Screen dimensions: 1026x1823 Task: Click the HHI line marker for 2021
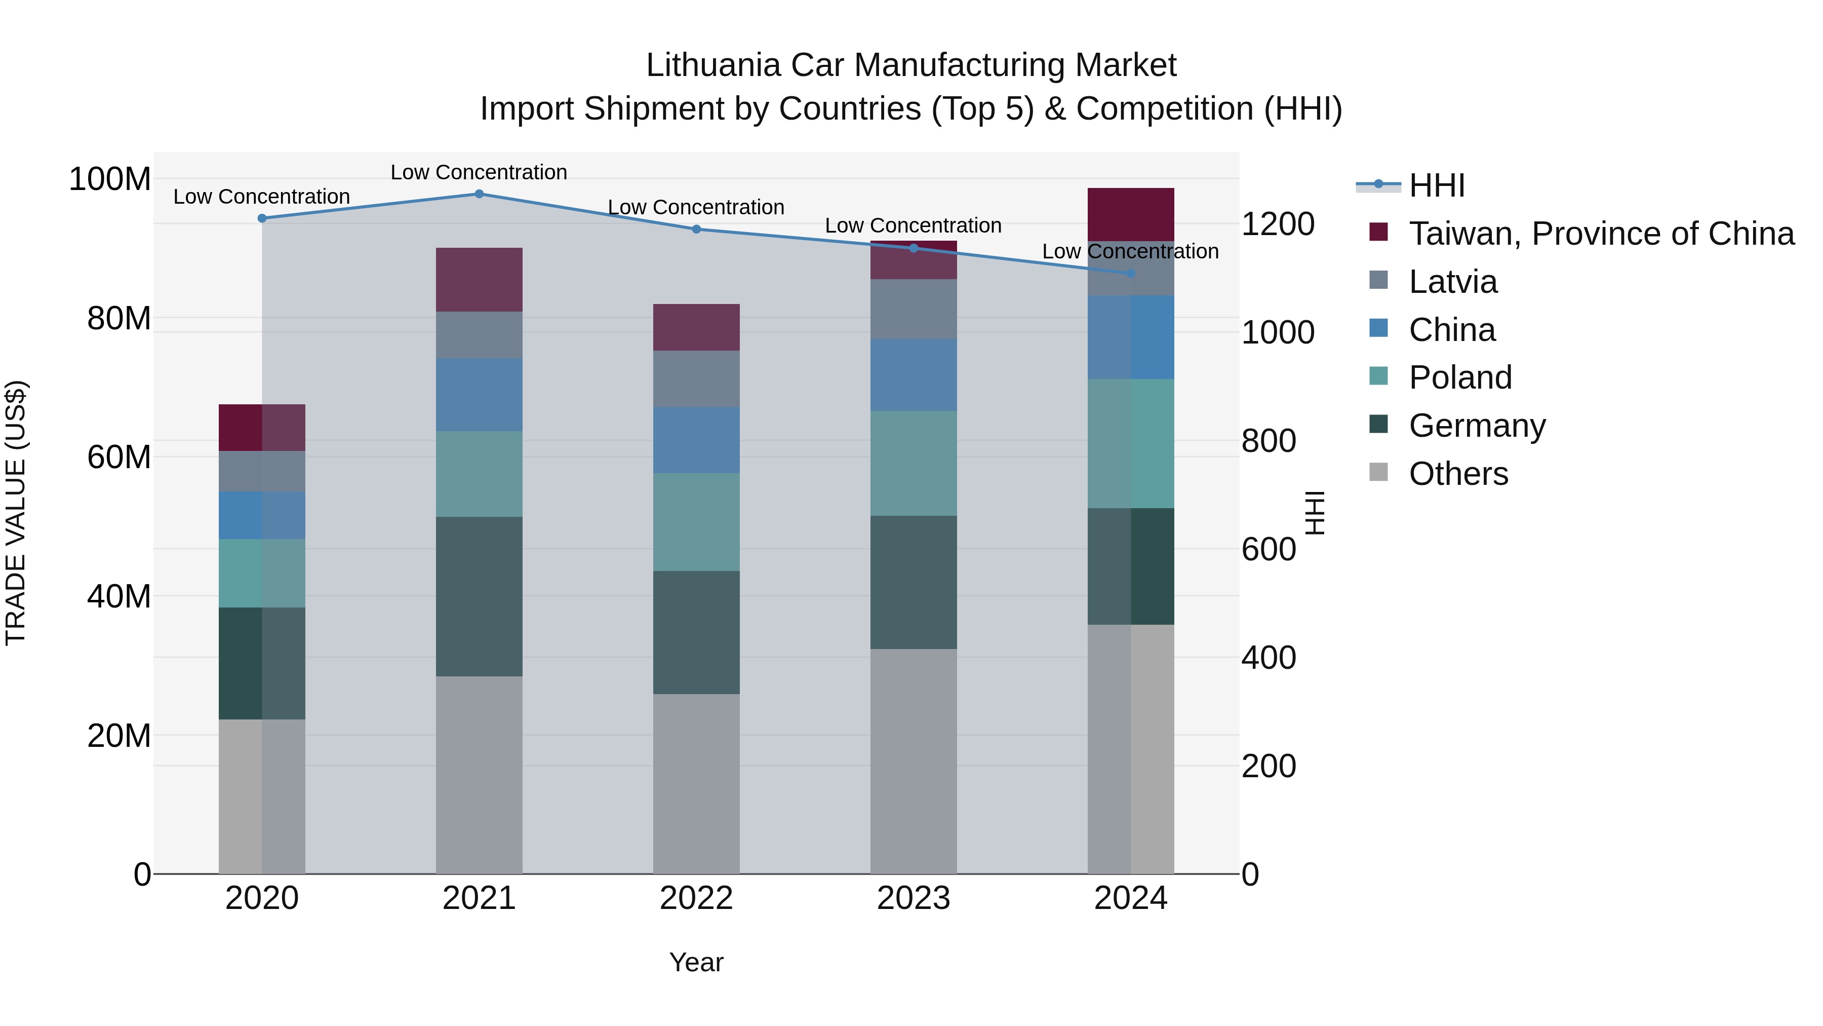point(479,194)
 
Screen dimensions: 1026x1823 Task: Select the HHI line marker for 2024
point(1131,273)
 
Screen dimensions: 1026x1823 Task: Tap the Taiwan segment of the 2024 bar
point(1131,214)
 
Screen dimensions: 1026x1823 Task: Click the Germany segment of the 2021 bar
point(479,596)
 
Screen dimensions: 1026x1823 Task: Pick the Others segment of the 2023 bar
point(913,761)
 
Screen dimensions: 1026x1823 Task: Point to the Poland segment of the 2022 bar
point(696,522)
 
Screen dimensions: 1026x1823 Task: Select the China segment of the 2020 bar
point(262,515)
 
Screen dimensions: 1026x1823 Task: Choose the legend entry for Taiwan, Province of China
point(1601,234)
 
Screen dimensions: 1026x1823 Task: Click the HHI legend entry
point(1437,185)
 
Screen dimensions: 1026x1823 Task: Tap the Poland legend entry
point(1460,377)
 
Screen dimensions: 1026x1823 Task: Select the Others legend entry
point(1458,474)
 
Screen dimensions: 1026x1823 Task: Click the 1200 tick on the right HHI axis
point(1278,224)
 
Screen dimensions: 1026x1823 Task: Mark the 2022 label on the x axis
point(696,898)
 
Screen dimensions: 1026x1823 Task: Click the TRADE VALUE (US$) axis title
point(16,513)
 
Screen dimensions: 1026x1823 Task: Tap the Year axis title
point(696,962)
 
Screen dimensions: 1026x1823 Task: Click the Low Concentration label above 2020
point(261,197)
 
